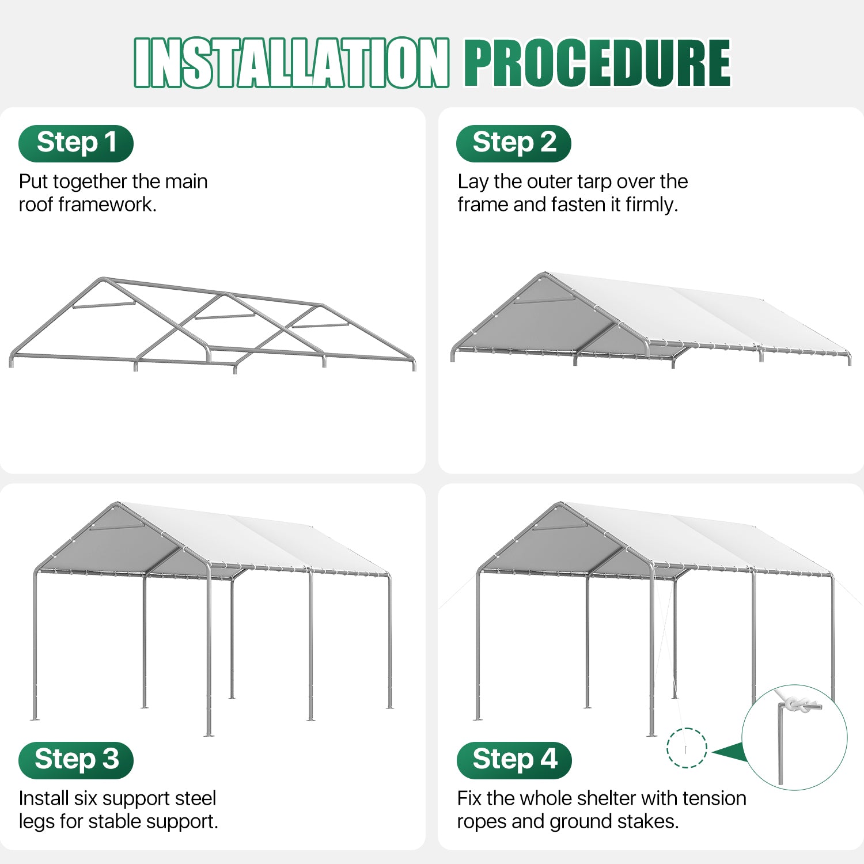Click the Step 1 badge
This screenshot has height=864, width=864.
click(76, 143)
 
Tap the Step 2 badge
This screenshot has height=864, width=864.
click(514, 143)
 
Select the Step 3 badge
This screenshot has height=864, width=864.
click(76, 760)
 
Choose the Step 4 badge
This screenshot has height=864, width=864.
click(514, 760)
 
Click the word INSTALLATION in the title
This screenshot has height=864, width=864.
click(291, 63)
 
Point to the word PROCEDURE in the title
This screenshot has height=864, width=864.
click(597, 63)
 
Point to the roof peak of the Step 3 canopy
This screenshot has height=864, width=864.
click(118, 504)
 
